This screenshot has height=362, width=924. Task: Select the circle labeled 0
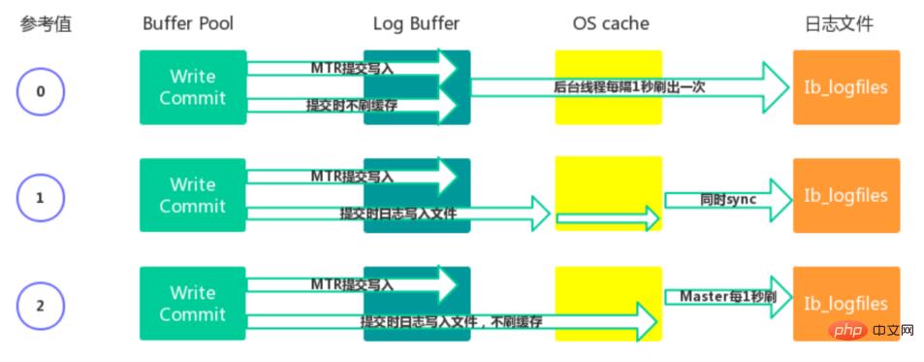coord(40,92)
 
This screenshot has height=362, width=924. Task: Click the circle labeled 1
coord(40,197)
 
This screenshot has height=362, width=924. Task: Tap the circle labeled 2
coord(40,305)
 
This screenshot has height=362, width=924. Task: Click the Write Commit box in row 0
coord(193,87)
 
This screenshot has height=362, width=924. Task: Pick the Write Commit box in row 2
coord(193,304)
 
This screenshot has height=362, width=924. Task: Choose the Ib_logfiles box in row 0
coord(845,87)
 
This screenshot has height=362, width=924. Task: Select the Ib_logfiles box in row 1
coord(845,195)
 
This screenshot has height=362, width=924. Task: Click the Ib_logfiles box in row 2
coord(845,303)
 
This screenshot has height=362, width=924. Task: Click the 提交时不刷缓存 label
coord(351,105)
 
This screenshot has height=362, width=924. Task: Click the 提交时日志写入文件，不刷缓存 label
coord(451,321)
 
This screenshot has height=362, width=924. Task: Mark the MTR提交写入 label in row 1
coord(352,177)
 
